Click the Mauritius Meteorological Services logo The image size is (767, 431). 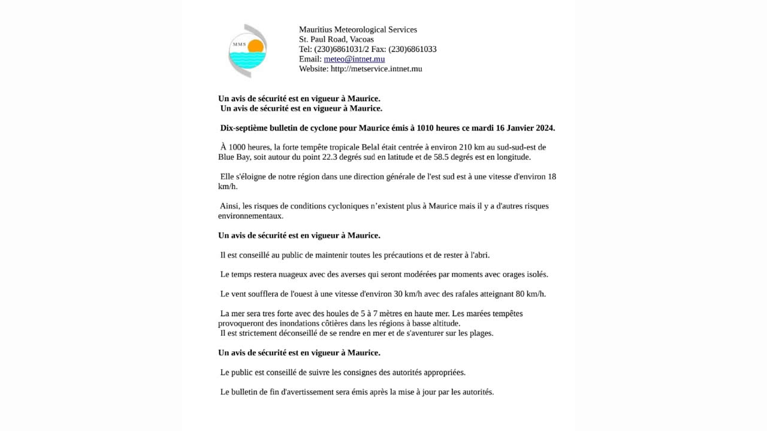tap(247, 51)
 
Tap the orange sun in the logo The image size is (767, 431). tap(256, 46)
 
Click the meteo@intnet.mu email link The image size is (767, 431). tap(354, 59)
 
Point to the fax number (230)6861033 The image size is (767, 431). tap(412, 49)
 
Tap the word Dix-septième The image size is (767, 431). tap(246, 128)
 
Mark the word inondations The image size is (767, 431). tap(285, 323)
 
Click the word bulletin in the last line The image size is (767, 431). tap(249, 392)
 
